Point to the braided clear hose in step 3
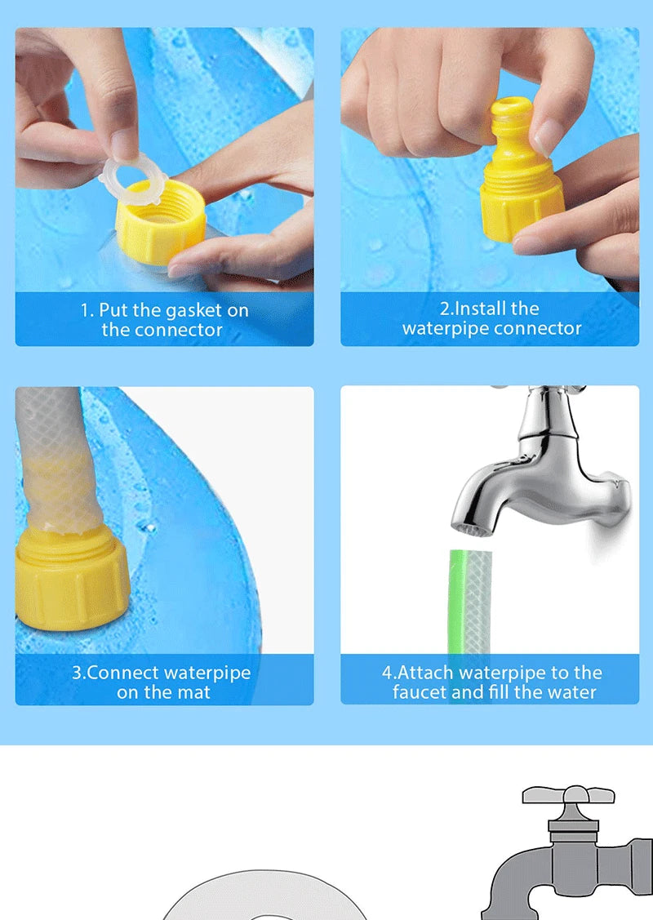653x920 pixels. tap(53, 457)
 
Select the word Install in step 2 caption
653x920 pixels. tap(481, 309)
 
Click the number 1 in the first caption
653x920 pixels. tap(85, 311)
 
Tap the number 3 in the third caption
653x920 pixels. tap(77, 673)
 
